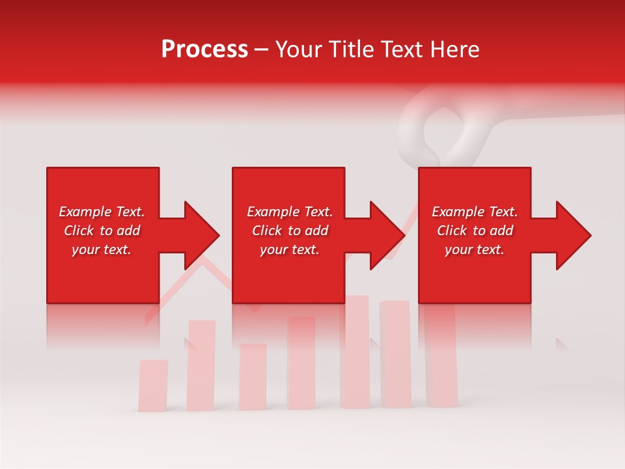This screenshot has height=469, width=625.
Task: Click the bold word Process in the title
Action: coord(204,50)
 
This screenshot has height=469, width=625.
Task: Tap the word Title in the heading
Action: coord(352,50)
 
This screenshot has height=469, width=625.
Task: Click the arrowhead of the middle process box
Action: coord(386,235)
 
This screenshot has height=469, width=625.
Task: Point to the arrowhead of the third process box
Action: coord(572,235)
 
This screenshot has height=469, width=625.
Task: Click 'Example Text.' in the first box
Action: coord(102,212)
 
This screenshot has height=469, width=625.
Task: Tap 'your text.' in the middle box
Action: coord(289,249)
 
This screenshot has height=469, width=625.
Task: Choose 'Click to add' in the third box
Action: coord(475,231)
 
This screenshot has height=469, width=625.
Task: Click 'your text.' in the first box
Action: coord(102,249)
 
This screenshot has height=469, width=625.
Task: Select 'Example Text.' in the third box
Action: coord(475,212)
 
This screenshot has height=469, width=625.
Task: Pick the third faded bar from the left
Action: coord(253,377)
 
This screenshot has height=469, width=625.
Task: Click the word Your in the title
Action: coord(300,50)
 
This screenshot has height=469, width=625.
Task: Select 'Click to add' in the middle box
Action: coord(289,231)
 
